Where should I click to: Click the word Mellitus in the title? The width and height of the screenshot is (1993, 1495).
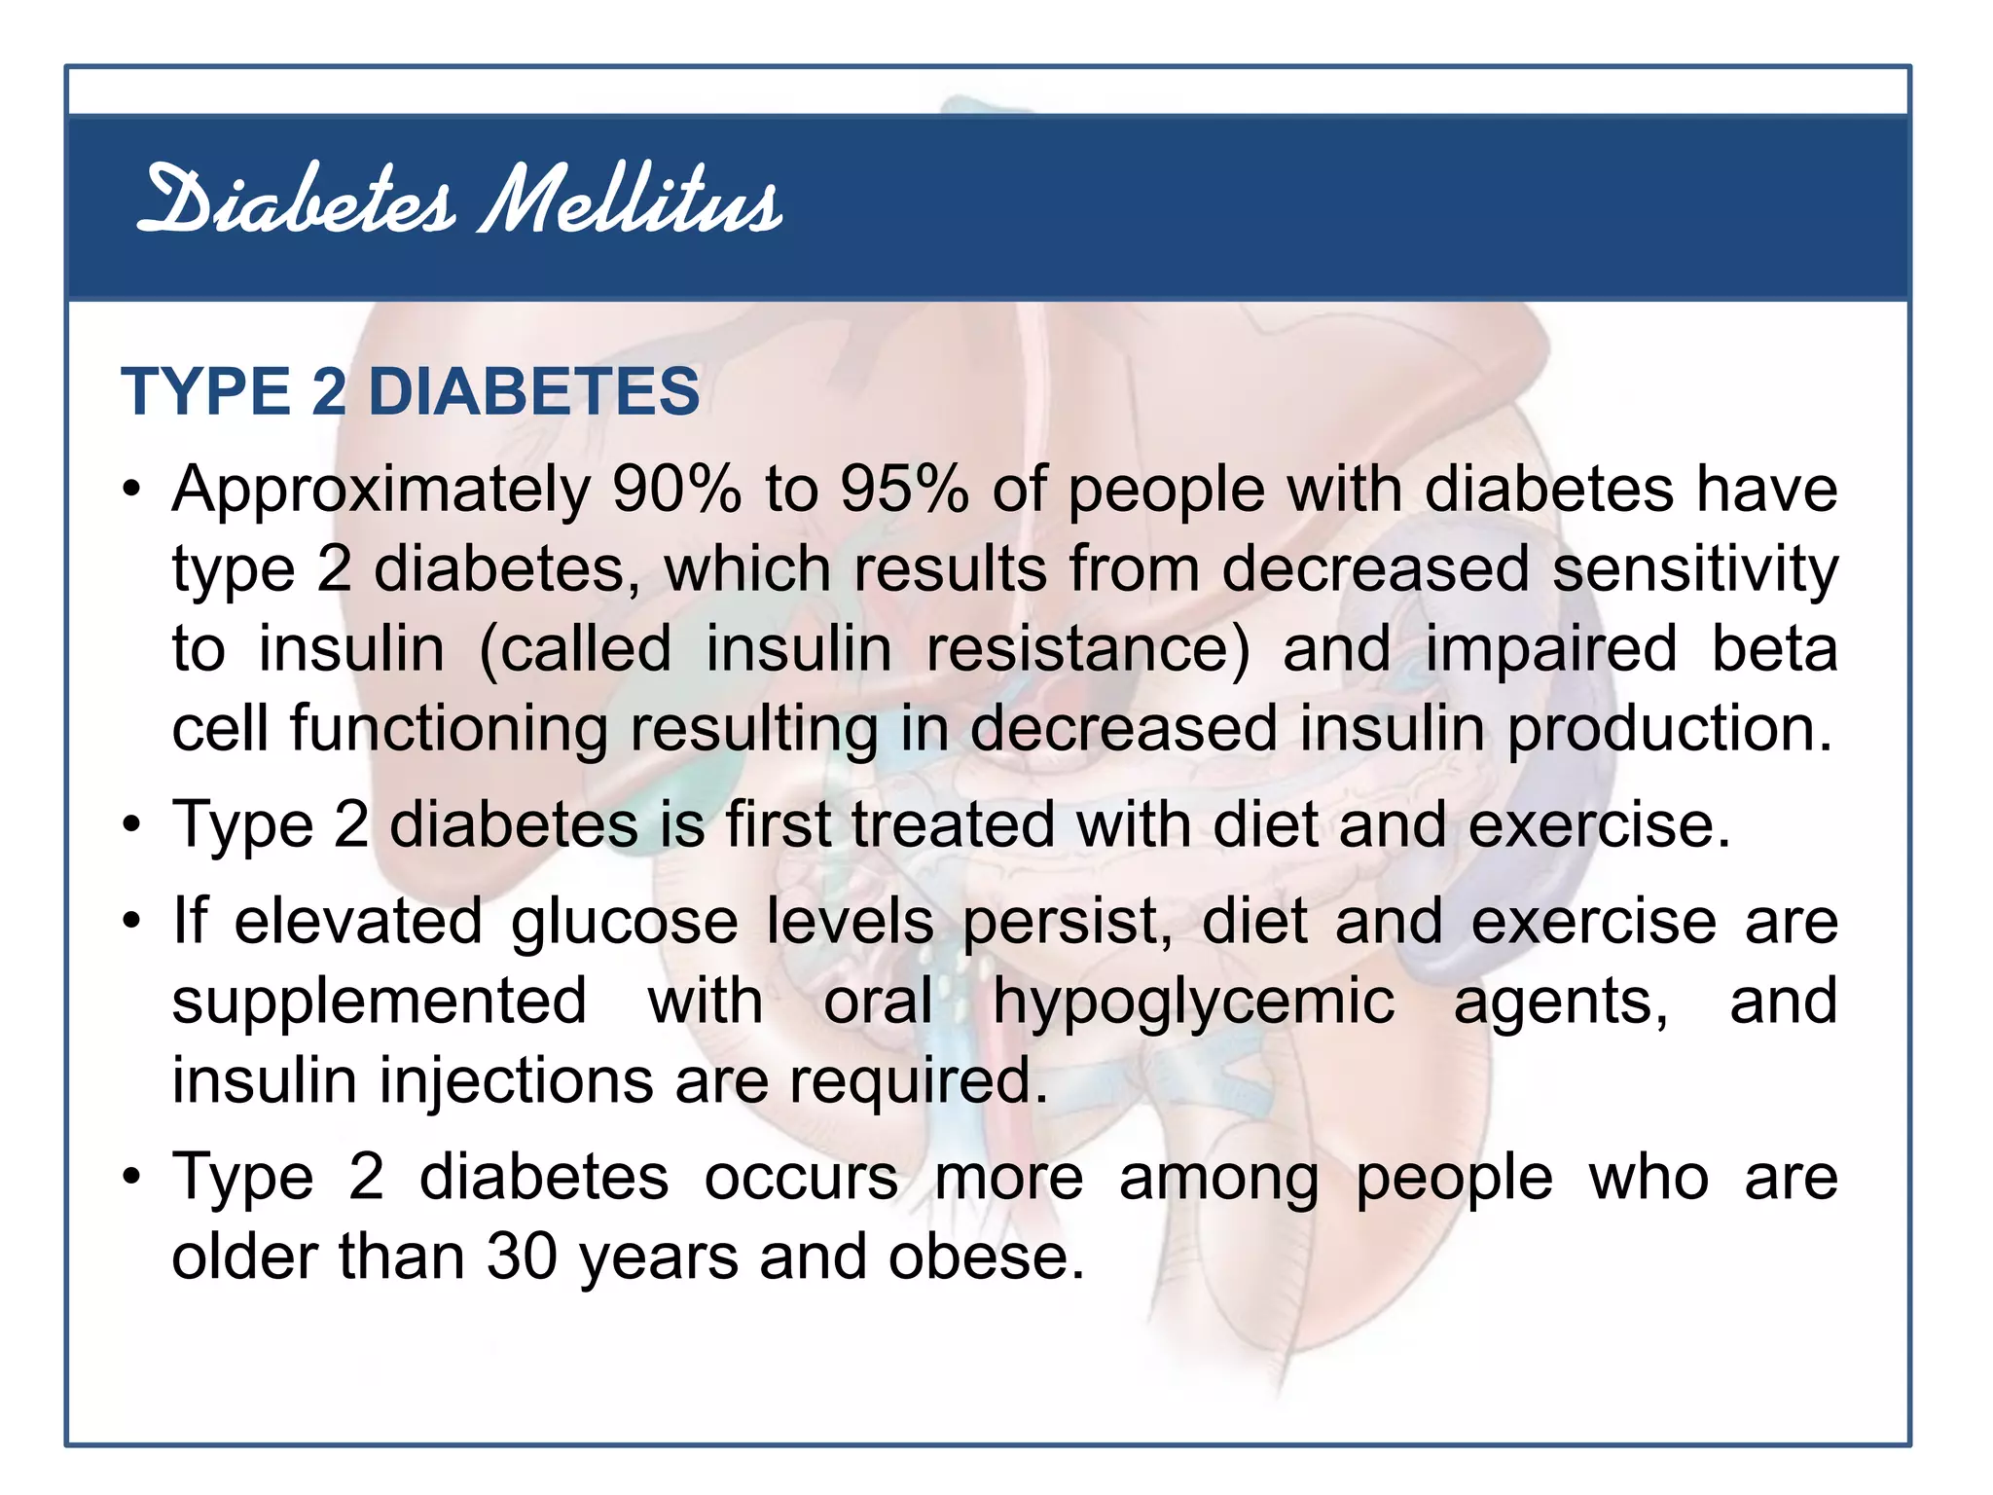pos(631,201)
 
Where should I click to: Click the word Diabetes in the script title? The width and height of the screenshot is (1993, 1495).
pos(296,201)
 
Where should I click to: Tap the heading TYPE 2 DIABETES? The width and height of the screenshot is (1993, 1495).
pos(410,391)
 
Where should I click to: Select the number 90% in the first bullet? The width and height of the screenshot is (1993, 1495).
pos(676,489)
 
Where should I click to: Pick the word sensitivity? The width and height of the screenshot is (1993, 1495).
pos(1694,570)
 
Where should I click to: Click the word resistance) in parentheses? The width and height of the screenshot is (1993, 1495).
pos(1087,649)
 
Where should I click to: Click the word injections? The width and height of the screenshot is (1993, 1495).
pos(516,1082)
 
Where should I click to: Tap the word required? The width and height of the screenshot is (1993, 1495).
pos(918,1082)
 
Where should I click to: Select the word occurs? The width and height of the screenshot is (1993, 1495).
pos(801,1178)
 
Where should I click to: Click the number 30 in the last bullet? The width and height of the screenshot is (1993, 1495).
pos(522,1257)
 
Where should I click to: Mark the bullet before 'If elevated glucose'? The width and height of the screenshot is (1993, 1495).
pos(131,921)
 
